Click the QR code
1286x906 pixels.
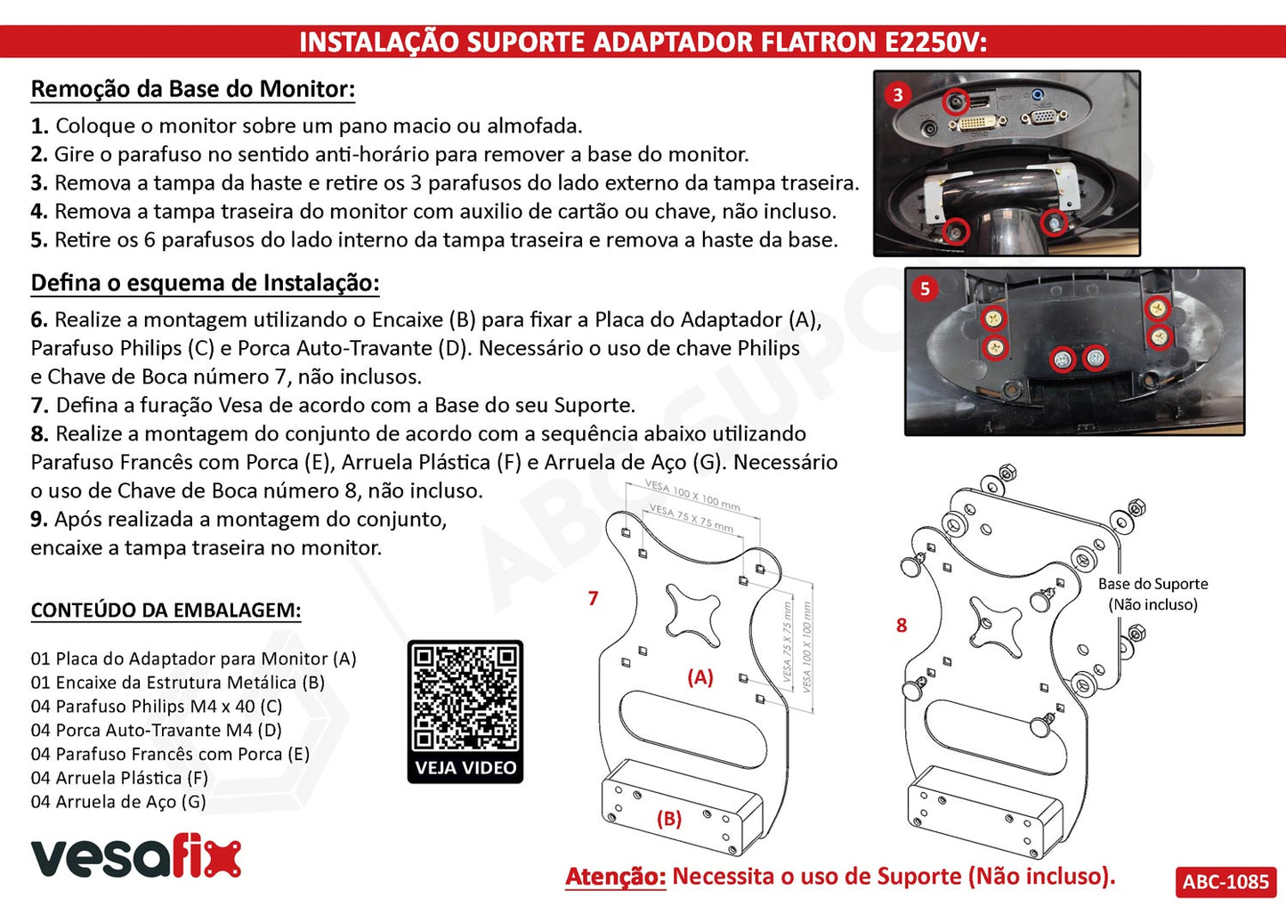point(465,698)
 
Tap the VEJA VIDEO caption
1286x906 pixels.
point(465,768)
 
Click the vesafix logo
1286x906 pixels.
point(136,856)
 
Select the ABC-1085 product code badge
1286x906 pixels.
point(1225,881)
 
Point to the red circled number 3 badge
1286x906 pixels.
point(898,94)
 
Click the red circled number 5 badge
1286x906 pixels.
point(925,288)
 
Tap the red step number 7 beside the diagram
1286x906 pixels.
point(594,599)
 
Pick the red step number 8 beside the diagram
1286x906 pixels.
point(902,626)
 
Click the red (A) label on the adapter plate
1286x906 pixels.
point(700,677)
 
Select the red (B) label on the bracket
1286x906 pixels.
point(669,819)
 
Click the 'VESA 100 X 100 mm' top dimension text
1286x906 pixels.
point(693,497)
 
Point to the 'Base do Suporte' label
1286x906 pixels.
point(1153,584)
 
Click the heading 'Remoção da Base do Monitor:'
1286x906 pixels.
point(193,89)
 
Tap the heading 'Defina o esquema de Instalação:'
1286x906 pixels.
point(205,283)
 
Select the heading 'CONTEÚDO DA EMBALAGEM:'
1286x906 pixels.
point(166,611)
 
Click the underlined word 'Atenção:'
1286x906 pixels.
point(616,877)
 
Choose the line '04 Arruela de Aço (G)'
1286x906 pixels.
point(118,802)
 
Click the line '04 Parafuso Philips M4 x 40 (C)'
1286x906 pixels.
point(157,707)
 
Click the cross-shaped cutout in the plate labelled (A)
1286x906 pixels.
point(693,613)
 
